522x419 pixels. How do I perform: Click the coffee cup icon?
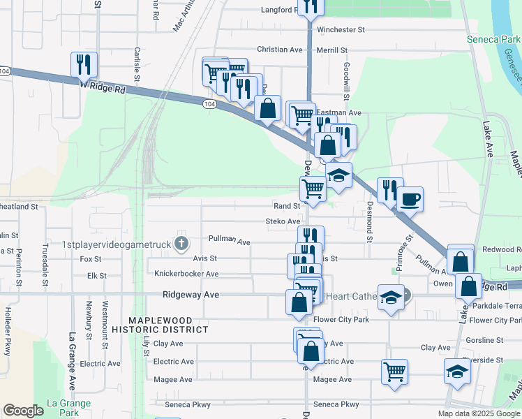pyautogui.click(x=410, y=199)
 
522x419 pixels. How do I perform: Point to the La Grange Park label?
pyautogui.click(x=68, y=408)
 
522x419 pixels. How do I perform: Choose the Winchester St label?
pyautogui.click(x=341, y=30)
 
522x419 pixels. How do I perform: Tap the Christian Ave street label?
pyautogui.click(x=280, y=50)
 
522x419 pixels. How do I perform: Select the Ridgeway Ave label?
pyautogui.click(x=191, y=295)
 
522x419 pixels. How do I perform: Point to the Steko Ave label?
pyautogui.click(x=282, y=221)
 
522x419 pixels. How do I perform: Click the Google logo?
pyautogui.click(x=23, y=411)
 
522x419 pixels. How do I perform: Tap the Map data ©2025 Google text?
pyautogui.click(x=479, y=413)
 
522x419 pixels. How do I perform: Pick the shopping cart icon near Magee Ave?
pyautogui.click(x=394, y=371)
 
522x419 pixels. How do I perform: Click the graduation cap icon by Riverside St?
pyautogui.click(x=457, y=372)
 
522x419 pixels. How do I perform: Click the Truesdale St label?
pyautogui.click(x=45, y=264)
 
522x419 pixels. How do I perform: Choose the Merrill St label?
pyautogui.click(x=331, y=50)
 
